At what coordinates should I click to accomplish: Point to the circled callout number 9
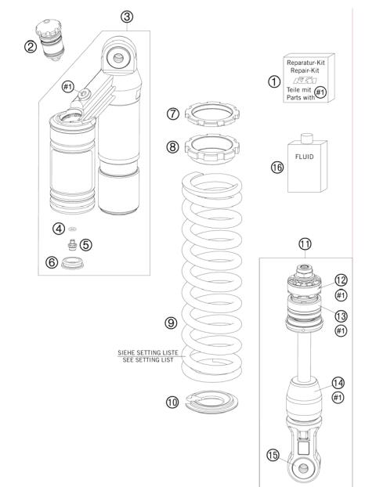(171, 322)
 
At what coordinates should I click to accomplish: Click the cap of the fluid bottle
(307, 138)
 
